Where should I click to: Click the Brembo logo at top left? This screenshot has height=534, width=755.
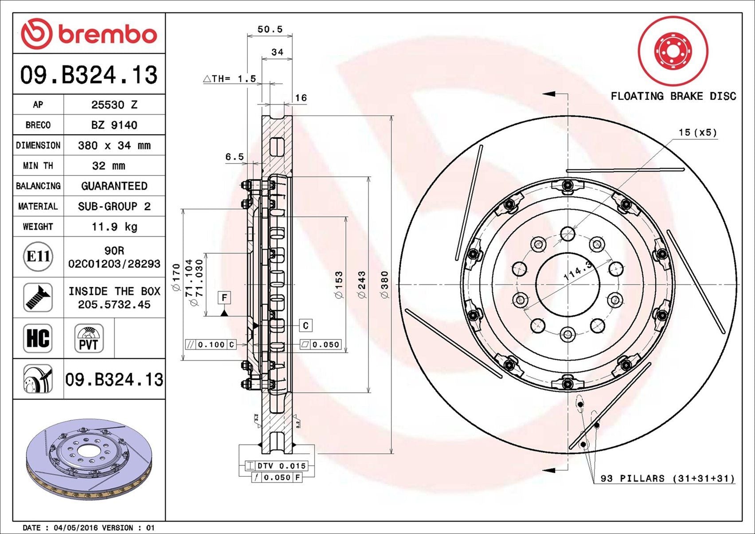pyautogui.click(x=89, y=34)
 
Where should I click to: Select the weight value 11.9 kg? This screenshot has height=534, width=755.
pyautogui.click(x=114, y=227)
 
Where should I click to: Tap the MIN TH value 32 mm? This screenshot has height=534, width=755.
pyautogui.click(x=109, y=166)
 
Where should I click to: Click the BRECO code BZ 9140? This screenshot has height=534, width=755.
pyautogui.click(x=114, y=125)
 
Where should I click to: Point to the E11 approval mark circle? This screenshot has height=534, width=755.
pyautogui.click(x=39, y=257)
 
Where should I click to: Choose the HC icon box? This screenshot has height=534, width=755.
pyautogui.click(x=38, y=338)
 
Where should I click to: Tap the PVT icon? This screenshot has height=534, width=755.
pyautogui.click(x=89, y=338)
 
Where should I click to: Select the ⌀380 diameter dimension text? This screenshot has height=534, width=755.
pyautogui.click(x=384, y=285)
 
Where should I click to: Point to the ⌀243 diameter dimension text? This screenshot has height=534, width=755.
pyautogui.click(x=362, y=285)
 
